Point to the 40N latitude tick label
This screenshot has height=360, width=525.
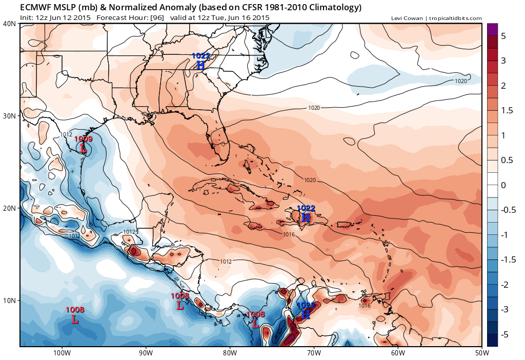(x=9, y=24)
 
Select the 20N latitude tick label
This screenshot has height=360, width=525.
(x=9, y=208)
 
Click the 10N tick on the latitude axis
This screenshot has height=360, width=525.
(x=9, y=301)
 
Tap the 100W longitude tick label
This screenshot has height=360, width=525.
(x=62, y=353)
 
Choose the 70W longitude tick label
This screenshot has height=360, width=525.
(x=314, y=353)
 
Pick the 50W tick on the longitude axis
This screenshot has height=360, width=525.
(x=481, y=353)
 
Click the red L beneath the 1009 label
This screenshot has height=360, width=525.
(x=83, y=149)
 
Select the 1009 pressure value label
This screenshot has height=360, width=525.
(x=83, y=139)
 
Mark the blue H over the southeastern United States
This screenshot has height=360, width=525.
(x=200, y=65)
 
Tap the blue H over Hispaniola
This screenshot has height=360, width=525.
(x=306, y=217)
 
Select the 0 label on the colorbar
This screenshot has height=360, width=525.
(x=503, y=185)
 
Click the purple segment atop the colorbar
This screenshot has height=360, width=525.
(x=492, y=30)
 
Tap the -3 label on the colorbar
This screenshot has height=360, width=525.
(x=504, y=310)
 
